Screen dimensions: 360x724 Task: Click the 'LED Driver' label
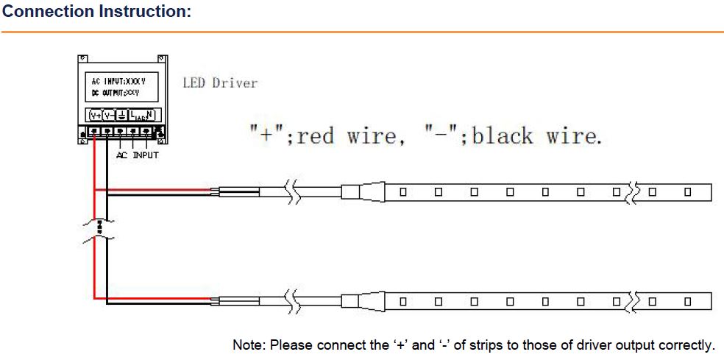220,83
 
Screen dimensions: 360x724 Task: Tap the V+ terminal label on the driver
96,116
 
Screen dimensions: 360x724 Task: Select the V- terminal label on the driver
108,116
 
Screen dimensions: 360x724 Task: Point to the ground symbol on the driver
121,116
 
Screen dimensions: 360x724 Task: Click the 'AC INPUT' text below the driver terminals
137,155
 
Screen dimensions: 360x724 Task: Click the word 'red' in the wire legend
315,135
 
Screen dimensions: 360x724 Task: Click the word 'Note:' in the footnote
248,345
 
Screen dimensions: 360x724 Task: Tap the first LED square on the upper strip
402,192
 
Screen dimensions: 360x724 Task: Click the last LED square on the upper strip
687,192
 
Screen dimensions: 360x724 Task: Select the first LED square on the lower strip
402,300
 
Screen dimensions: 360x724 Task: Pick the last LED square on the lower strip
687,300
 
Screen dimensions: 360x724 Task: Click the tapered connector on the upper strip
372,192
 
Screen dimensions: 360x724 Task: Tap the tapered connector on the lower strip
372,300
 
